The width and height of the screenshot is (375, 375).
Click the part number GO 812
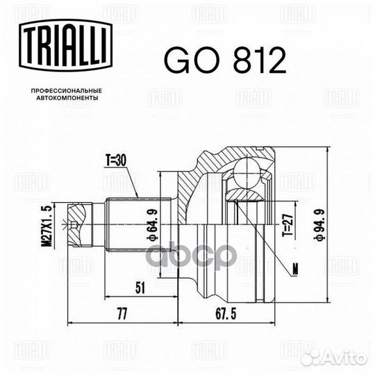point(225,60)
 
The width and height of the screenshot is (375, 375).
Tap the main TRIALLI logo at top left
point(65,46)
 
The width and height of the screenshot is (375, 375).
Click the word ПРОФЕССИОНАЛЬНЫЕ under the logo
point(67,91)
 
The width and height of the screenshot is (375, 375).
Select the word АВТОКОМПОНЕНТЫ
point(67,98)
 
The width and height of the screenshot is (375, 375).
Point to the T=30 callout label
point(116,160)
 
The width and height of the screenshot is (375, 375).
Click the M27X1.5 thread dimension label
point(49,226)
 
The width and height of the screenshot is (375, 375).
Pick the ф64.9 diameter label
point(153,224)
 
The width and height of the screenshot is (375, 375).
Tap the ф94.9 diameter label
point(320,224)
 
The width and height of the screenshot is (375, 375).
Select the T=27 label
point(287,225)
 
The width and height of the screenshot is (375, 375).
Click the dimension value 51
point(140,287)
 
